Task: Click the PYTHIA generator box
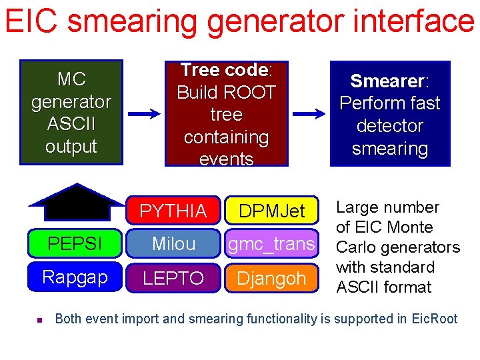(x=173, y=211)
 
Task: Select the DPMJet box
(x=271, y=211)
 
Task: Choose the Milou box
(x=173, y=244)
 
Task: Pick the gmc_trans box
(x=271, y=244)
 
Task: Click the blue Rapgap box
(x=75, y=277)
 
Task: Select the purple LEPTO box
(x=173, y=277)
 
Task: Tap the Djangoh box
(x=271, y=277)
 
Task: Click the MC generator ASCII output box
(x=71, y=113)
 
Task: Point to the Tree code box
(x=226, y=114)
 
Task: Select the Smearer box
(x=390, y=114)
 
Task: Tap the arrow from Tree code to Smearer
(x=309, y=115)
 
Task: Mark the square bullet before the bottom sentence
(x=39, y=321)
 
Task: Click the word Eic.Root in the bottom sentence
(x=432, y=319)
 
